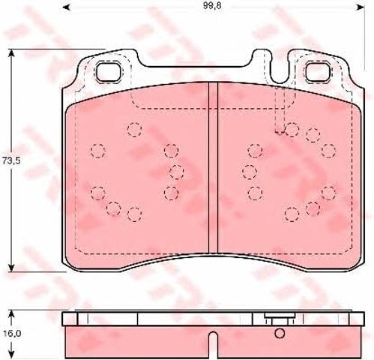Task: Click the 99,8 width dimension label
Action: pos(212,6)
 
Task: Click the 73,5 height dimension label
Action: pos(11,161)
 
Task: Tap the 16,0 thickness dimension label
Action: pos(11,333)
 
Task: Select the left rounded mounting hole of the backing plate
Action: pos(109,72)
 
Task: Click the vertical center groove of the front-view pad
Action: pos(213,167)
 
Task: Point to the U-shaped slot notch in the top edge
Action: pos(280,67)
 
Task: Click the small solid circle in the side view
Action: pos(280,333)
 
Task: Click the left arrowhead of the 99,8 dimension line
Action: pos(65,6)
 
